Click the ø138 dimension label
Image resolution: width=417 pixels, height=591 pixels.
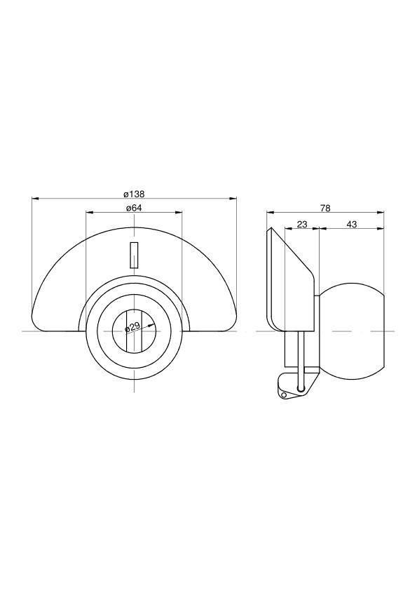(x=134, y=194)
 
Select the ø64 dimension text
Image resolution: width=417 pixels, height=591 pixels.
(x=134, y=208)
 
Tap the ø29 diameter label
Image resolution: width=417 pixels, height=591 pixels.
(x=132, y=326)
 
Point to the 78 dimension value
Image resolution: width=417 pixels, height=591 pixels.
(x=325, y=208)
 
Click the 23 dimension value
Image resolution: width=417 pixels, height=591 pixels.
(x=302, y=225)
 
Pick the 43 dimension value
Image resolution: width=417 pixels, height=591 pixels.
(x=352, y=225)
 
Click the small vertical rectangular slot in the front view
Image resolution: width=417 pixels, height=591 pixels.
(x=135, y=255)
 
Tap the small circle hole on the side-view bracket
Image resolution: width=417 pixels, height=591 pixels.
(x=284, y=394)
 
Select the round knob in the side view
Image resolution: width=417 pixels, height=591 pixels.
(x=352, y=331)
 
